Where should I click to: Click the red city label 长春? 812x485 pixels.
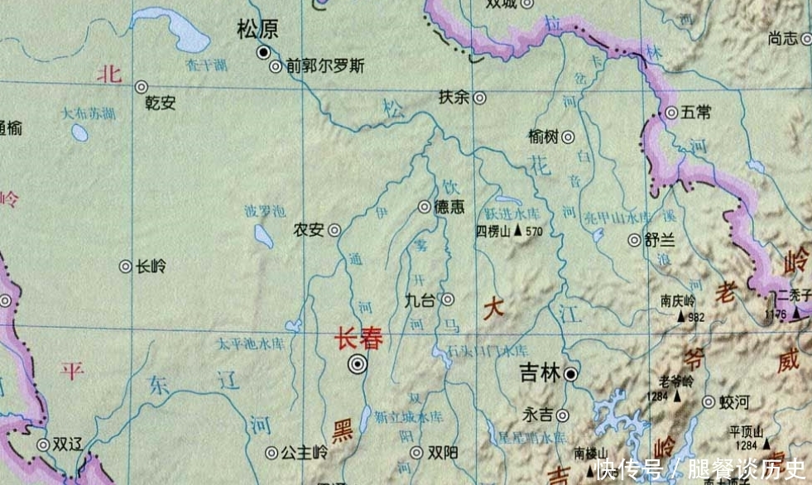(x=359, y=339)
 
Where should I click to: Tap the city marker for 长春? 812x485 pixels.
(x=358, y=363)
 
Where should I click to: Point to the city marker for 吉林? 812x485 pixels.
(x=571, y=375)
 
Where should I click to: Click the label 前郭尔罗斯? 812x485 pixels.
(x=325, y=66)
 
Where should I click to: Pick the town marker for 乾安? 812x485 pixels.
(x=142, y=86)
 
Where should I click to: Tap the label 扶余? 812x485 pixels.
(x=454, y=97)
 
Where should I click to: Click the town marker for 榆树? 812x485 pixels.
(x=569, y=137)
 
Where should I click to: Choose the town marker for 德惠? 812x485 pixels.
(x=424, y=207)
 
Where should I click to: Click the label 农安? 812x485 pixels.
(x=309, y=231)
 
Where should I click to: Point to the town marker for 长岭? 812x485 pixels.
(x=125, y=267)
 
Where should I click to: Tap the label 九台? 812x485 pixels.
(x=420, y=300)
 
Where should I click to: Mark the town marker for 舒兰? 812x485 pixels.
(x=634, y=240)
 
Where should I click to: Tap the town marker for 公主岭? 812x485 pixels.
(x=271, y=453)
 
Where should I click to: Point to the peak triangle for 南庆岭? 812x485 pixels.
(x=683, y=315)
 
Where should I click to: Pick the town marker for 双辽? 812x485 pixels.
(x=42, y=444)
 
